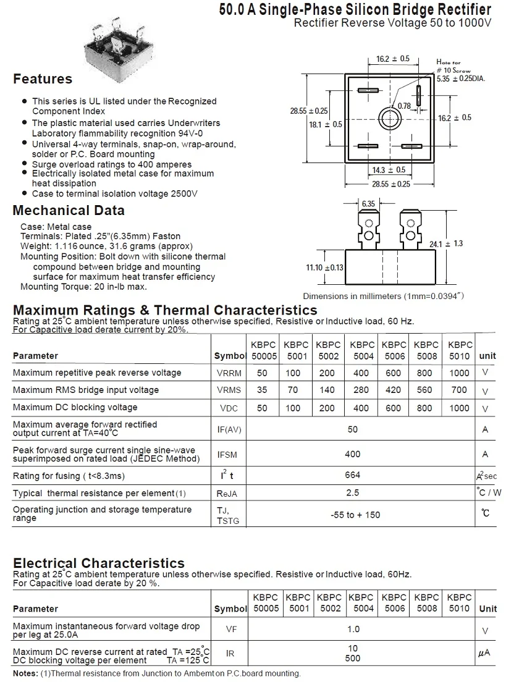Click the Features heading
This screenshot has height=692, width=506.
(43, 79)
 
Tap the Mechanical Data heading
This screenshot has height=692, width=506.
(69, 210)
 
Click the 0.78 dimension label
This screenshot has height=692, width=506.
(404, 106)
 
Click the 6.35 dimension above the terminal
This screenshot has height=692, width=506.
(369, 203)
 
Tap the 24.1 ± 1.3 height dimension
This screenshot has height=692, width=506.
(446, 243)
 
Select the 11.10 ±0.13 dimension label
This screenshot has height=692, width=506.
(324, 267)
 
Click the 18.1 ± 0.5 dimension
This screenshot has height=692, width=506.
(325, 124)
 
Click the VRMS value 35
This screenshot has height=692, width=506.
(263, 390)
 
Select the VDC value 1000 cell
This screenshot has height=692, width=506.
(460, 408)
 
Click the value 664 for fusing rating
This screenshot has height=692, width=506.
(352, 475)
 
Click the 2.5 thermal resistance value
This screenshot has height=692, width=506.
(353, 493)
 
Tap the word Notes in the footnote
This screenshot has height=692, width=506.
(25, 673)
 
